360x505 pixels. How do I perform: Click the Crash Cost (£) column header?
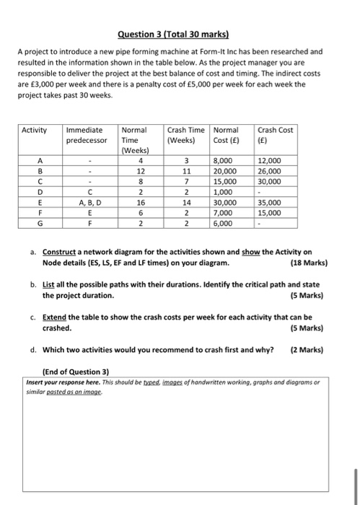[276, 135]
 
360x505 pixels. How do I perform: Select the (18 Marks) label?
[307, 263]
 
